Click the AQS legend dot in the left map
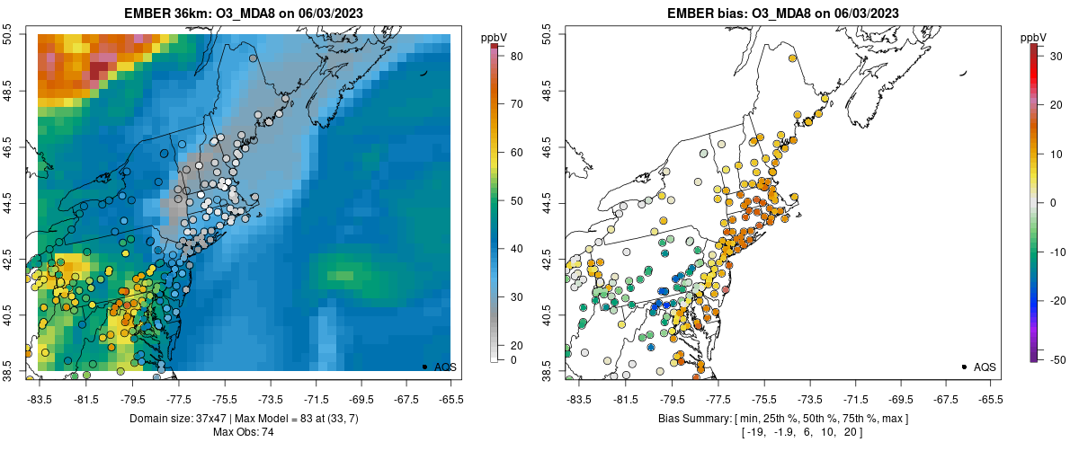coord(424,367)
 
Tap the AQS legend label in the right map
coord(985,367)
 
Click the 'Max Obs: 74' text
coord(245,432)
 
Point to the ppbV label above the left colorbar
coord(494,37)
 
